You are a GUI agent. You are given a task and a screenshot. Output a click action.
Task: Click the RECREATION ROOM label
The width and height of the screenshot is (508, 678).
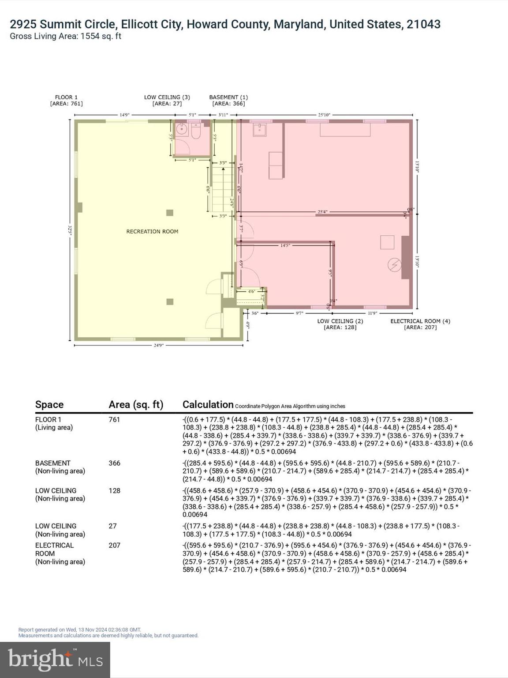[x=152, y=231]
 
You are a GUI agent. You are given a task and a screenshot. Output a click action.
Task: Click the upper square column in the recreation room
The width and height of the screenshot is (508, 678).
[x=170, y=213]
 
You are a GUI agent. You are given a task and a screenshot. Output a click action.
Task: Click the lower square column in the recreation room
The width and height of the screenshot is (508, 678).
[x=170, y=302]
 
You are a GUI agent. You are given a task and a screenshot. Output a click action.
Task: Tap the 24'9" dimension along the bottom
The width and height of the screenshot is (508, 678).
[x=158, y=345]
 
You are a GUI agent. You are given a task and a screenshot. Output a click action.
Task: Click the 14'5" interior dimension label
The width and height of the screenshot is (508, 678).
[x=285, y=245]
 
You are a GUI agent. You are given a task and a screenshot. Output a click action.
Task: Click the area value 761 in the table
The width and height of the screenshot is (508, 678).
[x=114, y=419]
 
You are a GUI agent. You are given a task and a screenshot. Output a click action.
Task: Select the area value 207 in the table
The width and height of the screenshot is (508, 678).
[x=115, y=545]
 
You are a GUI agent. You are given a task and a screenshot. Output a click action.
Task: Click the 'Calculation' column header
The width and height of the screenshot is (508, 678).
[x=208, y=404]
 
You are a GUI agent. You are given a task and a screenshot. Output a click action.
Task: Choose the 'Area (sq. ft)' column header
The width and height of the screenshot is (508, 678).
[x=136, y=404]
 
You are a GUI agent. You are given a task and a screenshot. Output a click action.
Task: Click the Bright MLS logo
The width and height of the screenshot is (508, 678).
[x=55, y=660]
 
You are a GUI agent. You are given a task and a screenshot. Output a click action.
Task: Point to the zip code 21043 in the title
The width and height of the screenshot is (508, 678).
[x=423, y=24]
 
